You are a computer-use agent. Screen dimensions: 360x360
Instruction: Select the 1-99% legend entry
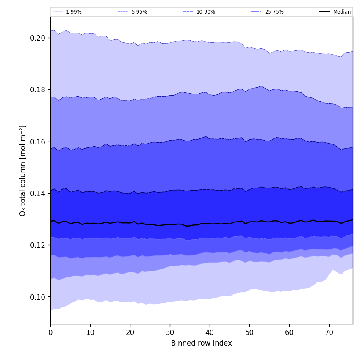coord(74,12)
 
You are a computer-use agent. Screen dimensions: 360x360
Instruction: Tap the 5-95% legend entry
coord(139,12)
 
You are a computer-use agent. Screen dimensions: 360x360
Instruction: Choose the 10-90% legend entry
coord(205,12)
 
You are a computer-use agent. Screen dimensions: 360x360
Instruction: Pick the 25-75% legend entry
coord(274,12)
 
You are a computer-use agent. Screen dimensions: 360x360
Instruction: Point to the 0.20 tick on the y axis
coord(38,38)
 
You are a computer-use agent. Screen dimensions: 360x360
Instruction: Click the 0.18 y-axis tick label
coord(38,90)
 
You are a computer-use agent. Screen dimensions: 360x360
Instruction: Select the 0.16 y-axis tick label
coord(38,141)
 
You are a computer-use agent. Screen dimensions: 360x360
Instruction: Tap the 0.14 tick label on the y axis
coord(38,193)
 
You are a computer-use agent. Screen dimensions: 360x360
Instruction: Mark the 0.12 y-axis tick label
coord(38,245)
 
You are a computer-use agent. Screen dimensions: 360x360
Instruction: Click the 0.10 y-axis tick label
coord(38,297)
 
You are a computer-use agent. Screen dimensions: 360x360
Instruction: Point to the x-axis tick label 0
coord(50,333)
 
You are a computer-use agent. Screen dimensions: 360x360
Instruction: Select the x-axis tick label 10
coord(90,333)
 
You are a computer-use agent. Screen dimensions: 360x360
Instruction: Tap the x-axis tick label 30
coord(170,333)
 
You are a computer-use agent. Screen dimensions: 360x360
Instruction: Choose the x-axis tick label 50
coord(249,333)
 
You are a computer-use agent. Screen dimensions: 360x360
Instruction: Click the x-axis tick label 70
coord(329,333)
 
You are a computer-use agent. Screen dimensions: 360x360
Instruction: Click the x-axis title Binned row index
coord(202,343)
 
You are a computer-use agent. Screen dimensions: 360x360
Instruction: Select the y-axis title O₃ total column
coord(23,170)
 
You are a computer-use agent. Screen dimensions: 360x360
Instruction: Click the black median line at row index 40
coord(210,224)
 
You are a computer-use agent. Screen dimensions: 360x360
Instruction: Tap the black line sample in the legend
coord(324,12)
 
